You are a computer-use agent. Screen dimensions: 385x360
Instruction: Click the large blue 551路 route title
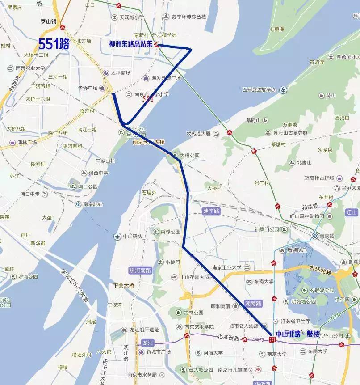(54, 44)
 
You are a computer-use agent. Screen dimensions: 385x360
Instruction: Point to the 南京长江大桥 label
(149, 142)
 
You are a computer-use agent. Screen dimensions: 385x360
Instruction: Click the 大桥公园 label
(189, 156)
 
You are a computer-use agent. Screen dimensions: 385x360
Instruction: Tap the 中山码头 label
(133, 236)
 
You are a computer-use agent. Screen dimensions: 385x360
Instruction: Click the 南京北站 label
(93, 204)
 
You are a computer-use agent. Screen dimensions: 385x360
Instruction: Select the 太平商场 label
(120, 72)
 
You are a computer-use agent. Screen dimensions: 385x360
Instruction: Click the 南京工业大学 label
(227, 267)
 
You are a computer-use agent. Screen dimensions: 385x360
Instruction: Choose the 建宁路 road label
(212, 211)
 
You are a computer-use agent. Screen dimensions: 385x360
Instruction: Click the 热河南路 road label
(140, 271)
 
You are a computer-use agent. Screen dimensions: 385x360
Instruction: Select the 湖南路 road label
(253, 303)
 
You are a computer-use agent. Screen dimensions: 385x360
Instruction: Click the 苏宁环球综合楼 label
(189, 17)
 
